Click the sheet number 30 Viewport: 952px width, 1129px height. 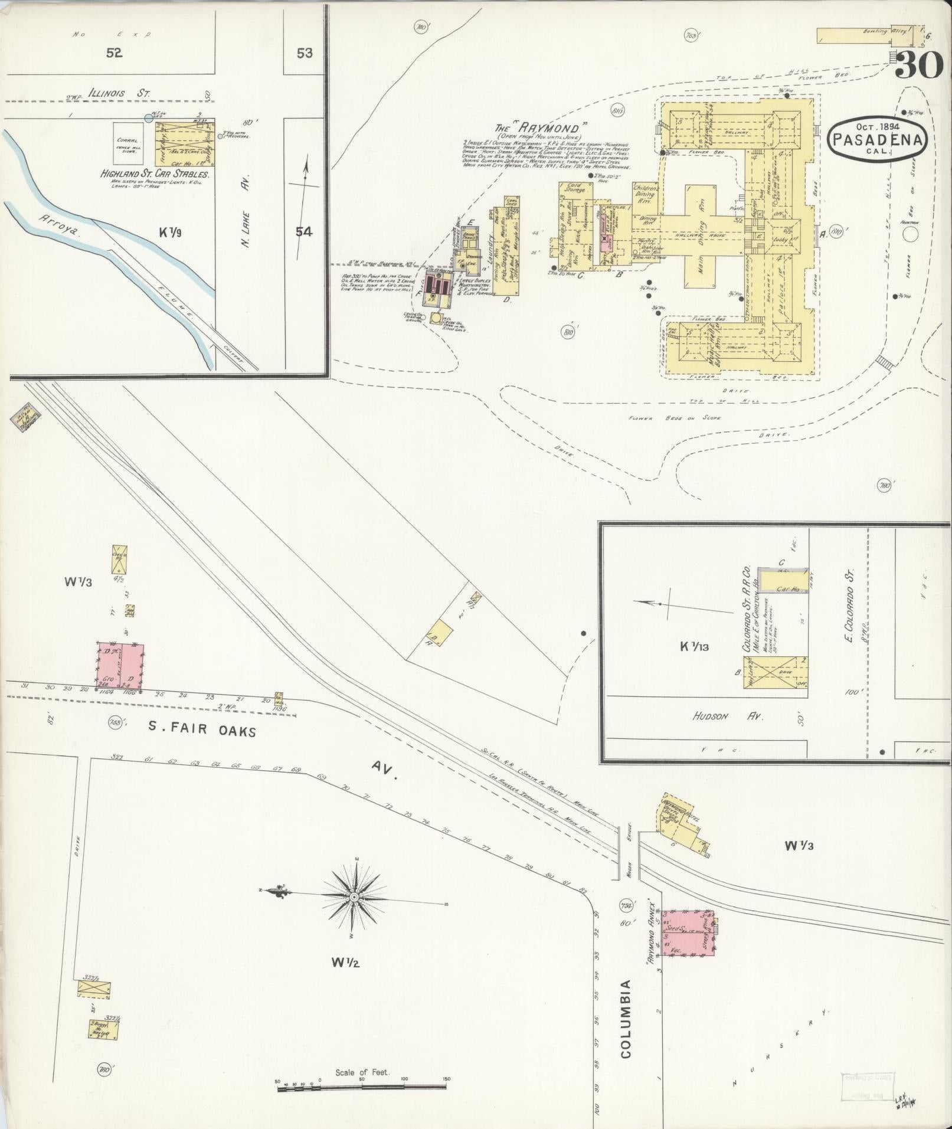pyautogui.click(x=919, y=66)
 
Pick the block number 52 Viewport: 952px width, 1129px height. pyautogui.click(x=114, y=53)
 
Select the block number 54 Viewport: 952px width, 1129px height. pyautogui.click(x=304, y=232)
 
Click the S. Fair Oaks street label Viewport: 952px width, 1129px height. pyautogui.click(x=202, y=731)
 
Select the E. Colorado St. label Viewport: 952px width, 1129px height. pyautogui.click(x=850, y=605)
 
